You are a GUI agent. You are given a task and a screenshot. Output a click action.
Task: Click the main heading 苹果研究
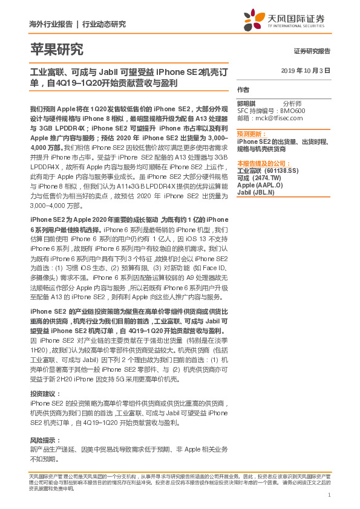[57, 50]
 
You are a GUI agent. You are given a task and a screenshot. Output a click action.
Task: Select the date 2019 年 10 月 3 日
[306, 71]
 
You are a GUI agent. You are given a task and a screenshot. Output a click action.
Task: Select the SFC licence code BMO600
[292, 111]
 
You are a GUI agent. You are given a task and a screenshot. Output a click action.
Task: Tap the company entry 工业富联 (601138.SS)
[267, 170]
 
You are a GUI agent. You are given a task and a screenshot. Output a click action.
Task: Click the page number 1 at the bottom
[329, 495]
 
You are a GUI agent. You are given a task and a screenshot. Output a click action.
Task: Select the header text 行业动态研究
[104, 24]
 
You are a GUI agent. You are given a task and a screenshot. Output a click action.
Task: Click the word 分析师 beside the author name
[293, 104]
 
